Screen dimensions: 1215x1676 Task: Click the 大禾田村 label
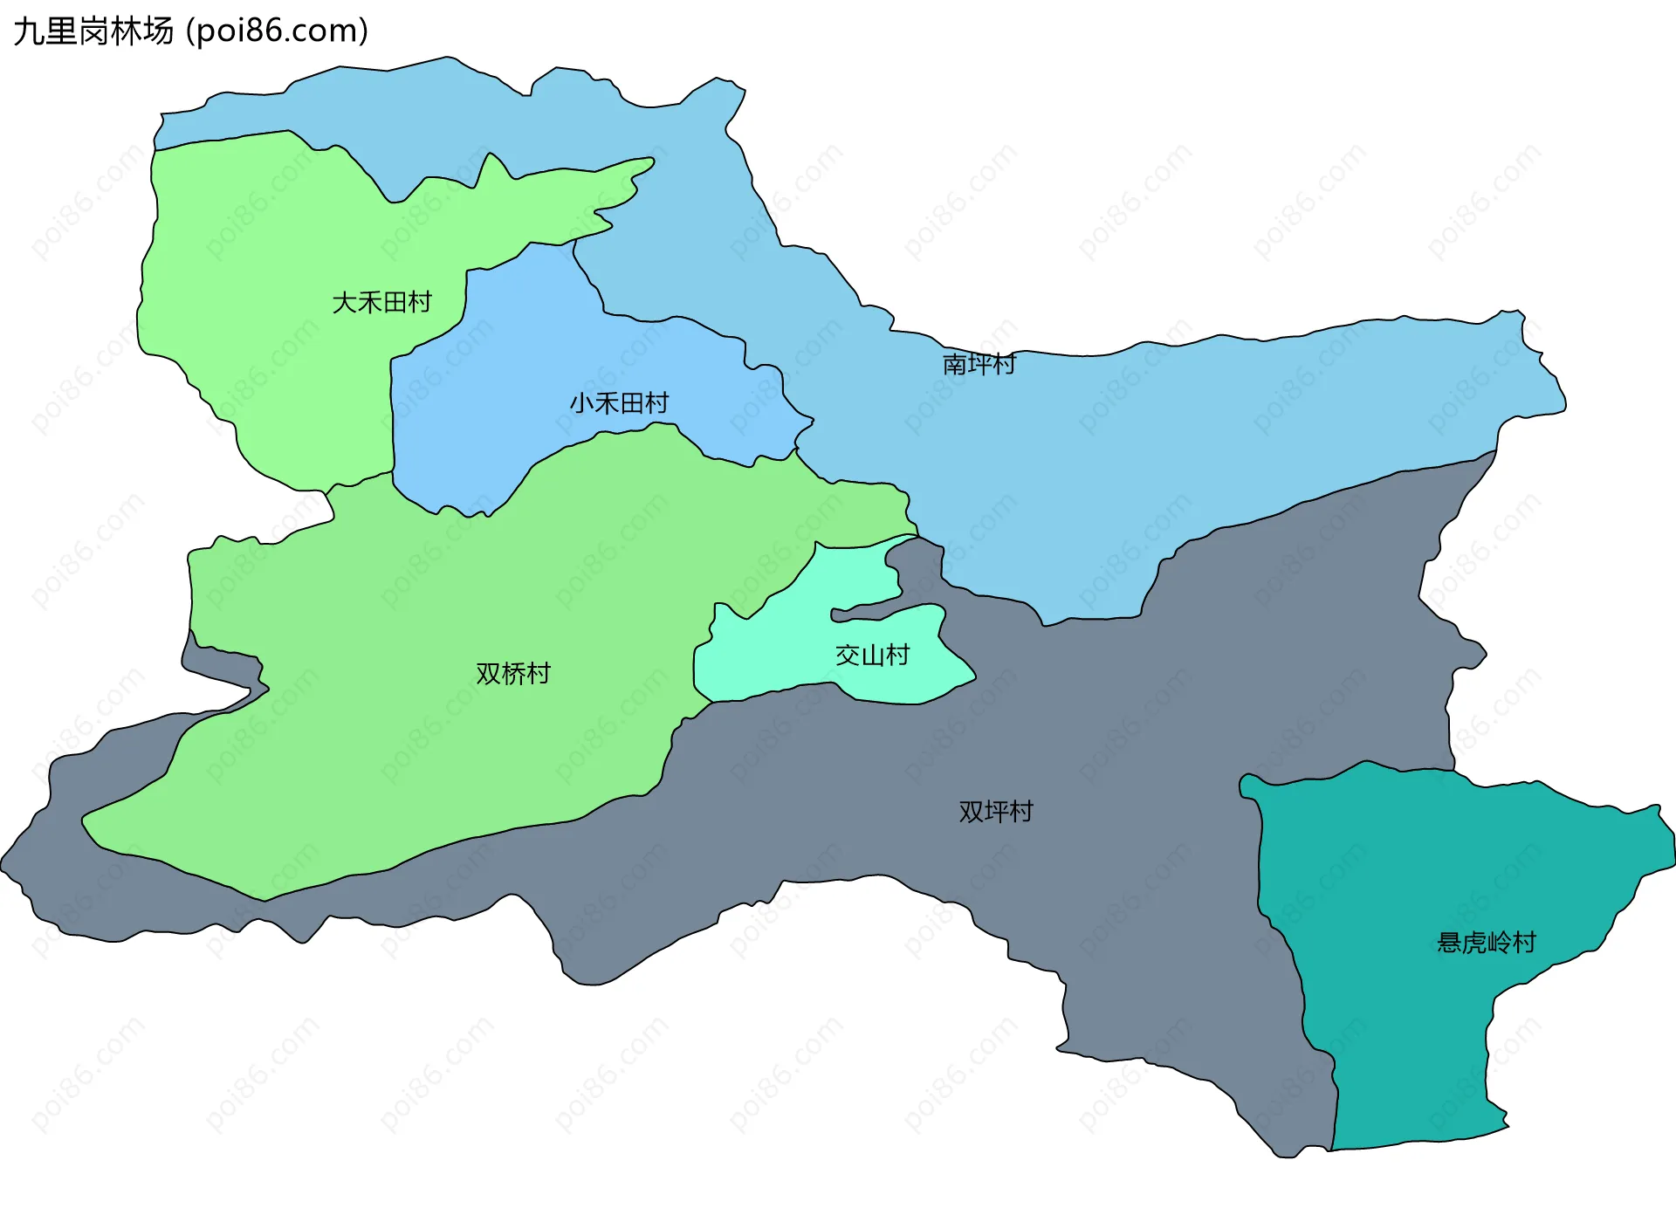[x=381, y=302]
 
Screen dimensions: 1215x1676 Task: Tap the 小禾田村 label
[x=619, y=402]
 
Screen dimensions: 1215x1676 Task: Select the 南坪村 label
[x=979, y=363]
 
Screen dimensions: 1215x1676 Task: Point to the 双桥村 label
[x=513, y=673]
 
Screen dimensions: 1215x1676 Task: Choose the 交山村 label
[x=872, y=655]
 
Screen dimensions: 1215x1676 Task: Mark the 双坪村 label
[x=996, y=811]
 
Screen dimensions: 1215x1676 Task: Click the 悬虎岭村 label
[x=1486, y=942]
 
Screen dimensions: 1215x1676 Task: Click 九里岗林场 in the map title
[x=93, y=31]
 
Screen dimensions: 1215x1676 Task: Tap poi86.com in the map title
[x=278, y=31]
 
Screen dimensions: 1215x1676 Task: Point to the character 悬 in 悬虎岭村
[x=1449, y=942]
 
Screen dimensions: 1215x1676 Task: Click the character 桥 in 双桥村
[x=513, y=673]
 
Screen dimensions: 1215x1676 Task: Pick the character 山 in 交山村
[x=872, y=655]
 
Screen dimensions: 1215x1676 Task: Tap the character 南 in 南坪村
[x=955, y=363]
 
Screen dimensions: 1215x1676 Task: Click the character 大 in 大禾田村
[x=345, y=302]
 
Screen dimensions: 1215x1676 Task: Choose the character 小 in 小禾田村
[x=582, y=402]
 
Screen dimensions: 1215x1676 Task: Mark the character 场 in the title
[x=160, y=31]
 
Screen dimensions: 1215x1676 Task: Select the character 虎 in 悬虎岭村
[x=1474, y=942]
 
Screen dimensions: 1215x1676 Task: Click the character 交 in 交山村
[x=848, y=655]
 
